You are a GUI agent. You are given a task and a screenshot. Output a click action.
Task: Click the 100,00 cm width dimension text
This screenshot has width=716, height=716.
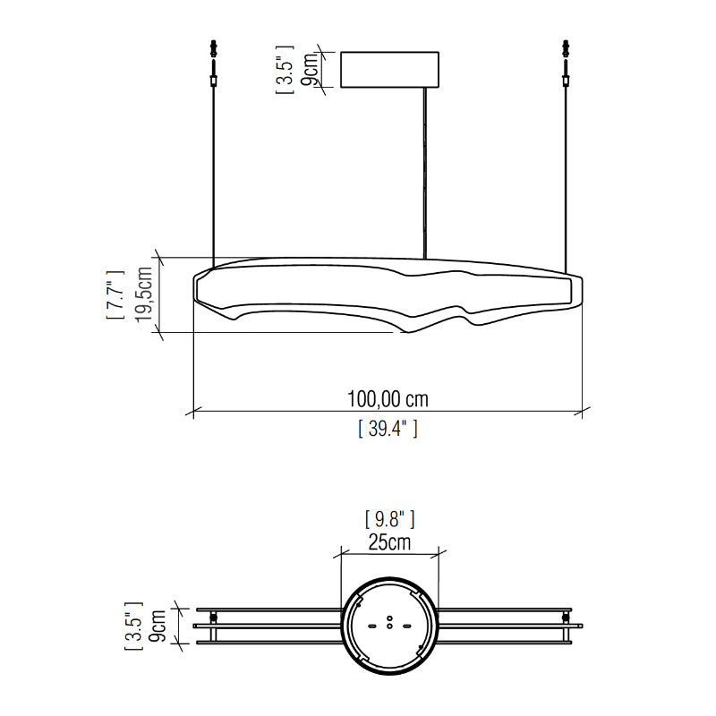tap(388, 399)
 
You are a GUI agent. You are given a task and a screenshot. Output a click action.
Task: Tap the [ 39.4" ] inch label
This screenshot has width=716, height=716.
tap(388, 429)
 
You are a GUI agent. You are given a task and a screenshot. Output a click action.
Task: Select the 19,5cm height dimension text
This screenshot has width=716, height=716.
tap(143, 294)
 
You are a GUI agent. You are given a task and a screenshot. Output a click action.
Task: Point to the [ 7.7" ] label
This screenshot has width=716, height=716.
tap(115, 294)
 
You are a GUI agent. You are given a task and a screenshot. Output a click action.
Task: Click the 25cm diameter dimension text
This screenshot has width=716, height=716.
tap(389, 542)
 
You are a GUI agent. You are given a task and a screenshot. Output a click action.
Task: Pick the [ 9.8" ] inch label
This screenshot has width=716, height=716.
tap(389, 519)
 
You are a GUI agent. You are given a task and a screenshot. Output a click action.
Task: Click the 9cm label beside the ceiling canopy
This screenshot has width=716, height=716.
tap(309, 70)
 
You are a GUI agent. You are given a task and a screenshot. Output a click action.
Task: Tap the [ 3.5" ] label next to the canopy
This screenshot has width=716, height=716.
tap(285, 70)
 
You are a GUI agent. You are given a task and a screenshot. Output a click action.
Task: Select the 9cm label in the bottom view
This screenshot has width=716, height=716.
tap(158, 626)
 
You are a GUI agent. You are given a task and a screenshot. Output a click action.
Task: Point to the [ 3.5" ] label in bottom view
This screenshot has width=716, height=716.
tap(133, 626)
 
